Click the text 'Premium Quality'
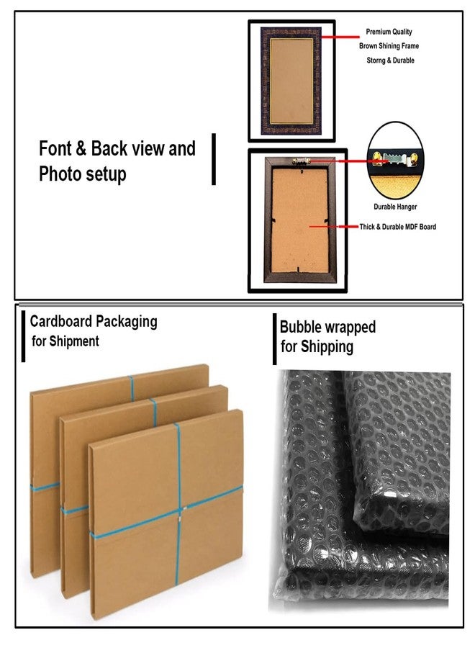(389, 32)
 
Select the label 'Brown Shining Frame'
(389, 46)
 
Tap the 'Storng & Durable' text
(390, 60)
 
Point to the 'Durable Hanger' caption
(395, 207)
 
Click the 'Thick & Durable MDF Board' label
(397, 227)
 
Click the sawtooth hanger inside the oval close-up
(394, 158)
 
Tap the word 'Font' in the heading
(55, 148)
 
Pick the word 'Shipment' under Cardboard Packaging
(74, 341)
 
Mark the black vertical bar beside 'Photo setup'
(214, 159)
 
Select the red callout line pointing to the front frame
(340, 37)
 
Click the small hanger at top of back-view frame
(301, 160)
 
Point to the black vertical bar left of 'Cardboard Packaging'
(24, 336)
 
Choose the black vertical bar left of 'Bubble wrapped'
(275, 339)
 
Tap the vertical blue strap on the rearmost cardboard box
(132, 389)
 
